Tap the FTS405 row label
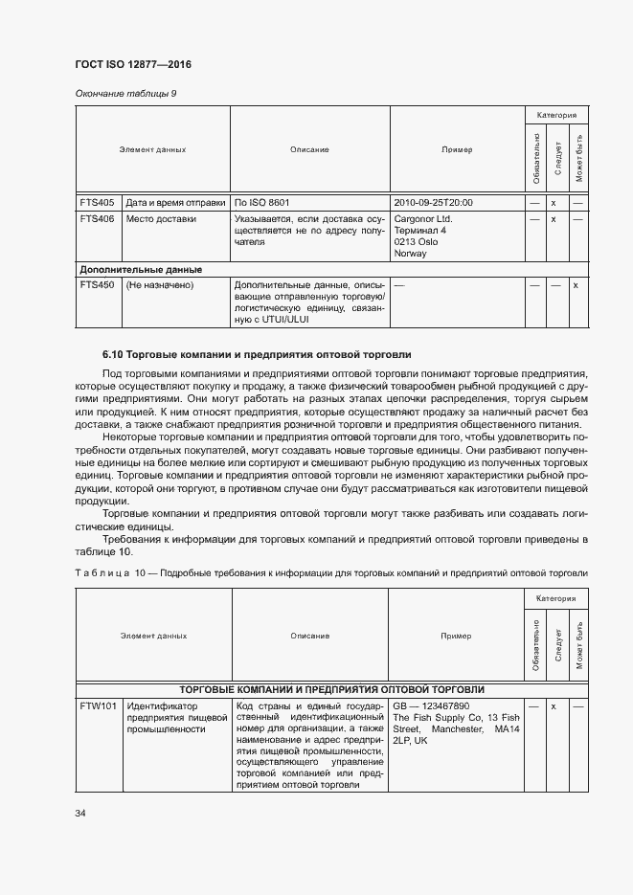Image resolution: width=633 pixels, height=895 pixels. click(x=97, y=203)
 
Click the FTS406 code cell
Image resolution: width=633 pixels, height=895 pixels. click(x=97, y=218)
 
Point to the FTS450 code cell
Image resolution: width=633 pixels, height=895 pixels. click(x=97, y=285)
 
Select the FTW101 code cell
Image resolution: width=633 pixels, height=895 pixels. click(x=98, y=705)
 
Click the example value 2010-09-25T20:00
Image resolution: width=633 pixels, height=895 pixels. click(x=433, y=203)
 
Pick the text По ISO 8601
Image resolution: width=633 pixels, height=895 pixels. click(x=262, y=203)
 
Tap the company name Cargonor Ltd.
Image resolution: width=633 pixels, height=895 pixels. click(x=422, y=218)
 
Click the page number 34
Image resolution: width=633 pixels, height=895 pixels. click(x=80, y=814)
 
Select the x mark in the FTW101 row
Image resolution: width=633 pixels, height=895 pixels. click(x=554, y=705)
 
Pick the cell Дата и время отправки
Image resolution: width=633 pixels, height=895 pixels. click(x=175, y=203)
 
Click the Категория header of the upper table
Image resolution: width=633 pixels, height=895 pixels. click(x=555, y=114)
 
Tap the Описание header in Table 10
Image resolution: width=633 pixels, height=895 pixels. click(x=310, y=636)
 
